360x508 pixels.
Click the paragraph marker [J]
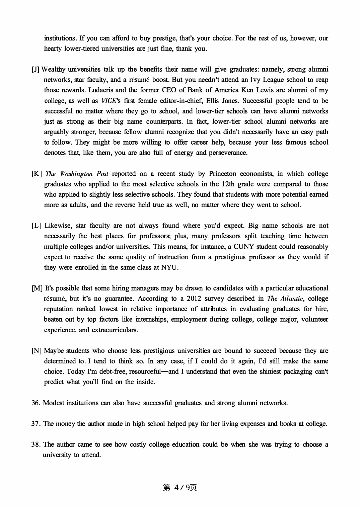[35, 70]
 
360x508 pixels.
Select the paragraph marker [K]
[37, 174]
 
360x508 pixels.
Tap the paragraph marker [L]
[36, 226]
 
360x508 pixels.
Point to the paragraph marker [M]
[37, 288]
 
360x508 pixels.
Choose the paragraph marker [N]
[37, 351]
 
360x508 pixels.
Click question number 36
[36, 403]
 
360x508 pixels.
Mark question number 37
[36, 424]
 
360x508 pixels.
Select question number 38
[36, 445]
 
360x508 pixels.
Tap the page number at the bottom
[180, 488]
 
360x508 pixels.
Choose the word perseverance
[228, 153]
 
